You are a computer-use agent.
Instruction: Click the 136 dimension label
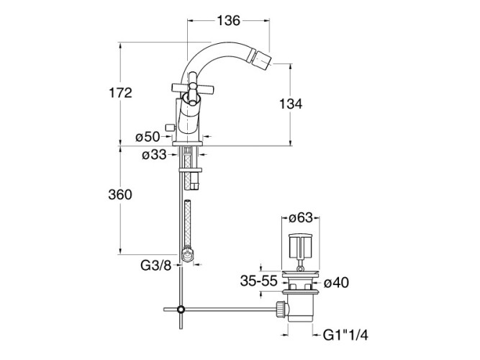(x=228, y=21)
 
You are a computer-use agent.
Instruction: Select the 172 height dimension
(x=120, y=93)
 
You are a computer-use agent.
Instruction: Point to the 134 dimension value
(x=291, y=104)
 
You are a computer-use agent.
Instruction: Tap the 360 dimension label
(x=120, y=194)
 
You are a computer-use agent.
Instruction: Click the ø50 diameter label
(x=148, y=137)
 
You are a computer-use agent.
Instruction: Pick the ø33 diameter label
(x=154, y=155)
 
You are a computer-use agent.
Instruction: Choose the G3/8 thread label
(x=156, y=266)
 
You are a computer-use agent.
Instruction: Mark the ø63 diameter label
(x=301, y=218)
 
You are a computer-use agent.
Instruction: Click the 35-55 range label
(x=258, y=281)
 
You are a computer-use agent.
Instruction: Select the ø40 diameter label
(x=336, y=282)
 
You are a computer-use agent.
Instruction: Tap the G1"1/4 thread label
(x=345, y=336)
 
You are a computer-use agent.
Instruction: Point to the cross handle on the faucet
(x=192, y=88)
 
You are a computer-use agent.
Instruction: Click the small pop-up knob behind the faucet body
(x=169, y=127)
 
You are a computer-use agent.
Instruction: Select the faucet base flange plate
(x=188, y=143)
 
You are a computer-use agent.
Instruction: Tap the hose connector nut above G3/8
(x=187, y=255)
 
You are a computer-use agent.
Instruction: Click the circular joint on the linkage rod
(x=181, y=310)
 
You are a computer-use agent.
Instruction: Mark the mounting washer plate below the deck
(x=190, y=170)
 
